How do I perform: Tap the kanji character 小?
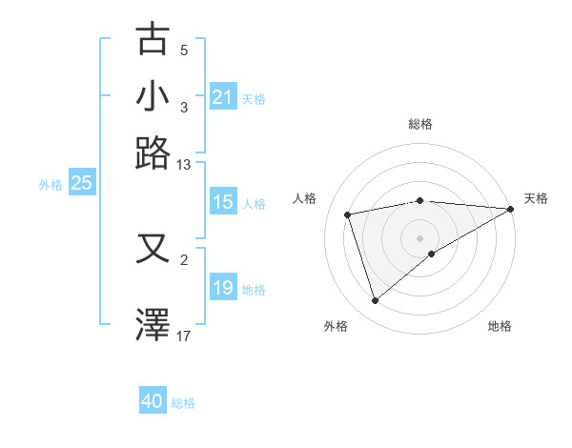[153, 96]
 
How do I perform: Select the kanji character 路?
[153, 153]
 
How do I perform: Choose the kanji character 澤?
[153, 324]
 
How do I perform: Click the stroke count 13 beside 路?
[184, 165]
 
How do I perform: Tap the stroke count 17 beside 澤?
[184, 336]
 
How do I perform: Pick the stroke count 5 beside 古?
[184, 51]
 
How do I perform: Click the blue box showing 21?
[223, 97]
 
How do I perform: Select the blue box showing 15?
[223, 202]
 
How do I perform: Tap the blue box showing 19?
[223, 288]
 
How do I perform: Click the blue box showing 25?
[81, 183]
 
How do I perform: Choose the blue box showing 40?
[153, 402]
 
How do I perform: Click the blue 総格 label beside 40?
[183, 403]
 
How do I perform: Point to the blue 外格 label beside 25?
[50, 185]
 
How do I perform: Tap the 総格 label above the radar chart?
[419, 124]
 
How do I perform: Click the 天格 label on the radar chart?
[536, 198]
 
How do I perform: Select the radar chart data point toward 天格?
[511, 209]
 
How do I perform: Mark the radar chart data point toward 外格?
[375, 301]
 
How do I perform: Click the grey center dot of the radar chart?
[419, 237]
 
